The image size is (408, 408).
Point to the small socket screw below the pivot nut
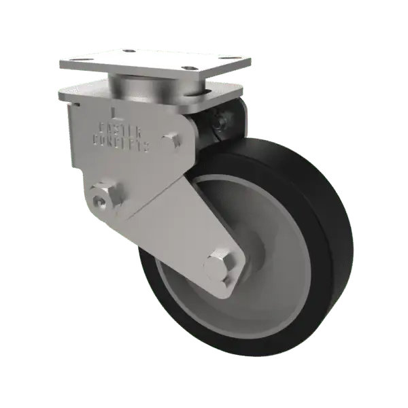100,203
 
